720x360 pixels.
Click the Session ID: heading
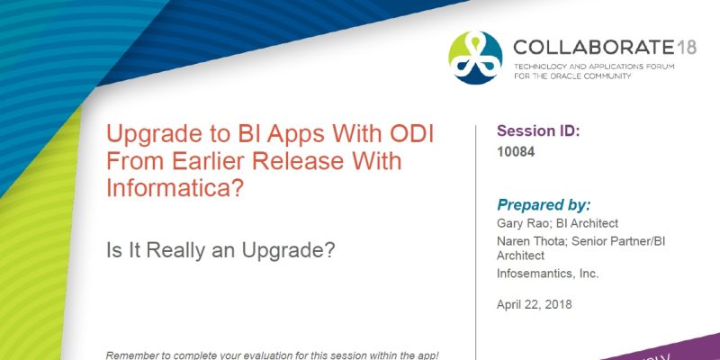click(538, 131)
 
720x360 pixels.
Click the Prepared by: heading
click(544, 204)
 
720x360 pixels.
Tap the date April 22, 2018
click(534, 304)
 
